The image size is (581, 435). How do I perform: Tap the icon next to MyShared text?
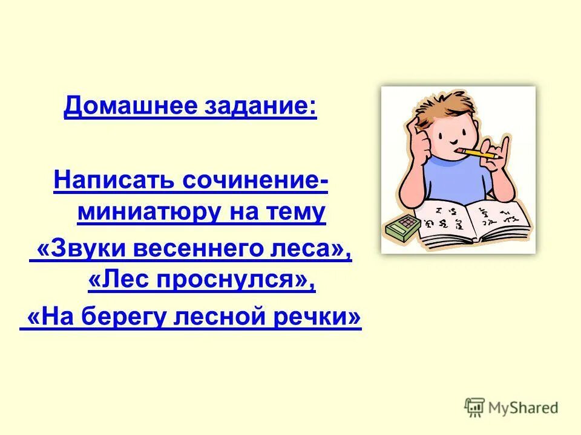pos(475,407)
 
